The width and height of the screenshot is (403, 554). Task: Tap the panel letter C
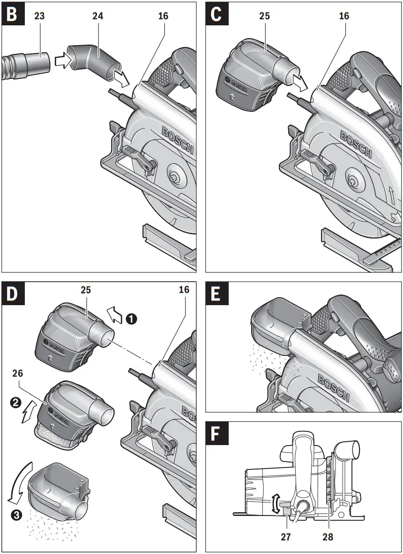216,15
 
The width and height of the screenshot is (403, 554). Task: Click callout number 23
39,16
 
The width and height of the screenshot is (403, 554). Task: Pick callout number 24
97,16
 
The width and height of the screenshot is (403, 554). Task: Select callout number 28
328,536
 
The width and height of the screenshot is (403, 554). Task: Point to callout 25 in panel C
264,16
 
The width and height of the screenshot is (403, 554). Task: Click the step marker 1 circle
132,319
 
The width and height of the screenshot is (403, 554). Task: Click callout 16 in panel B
163,16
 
